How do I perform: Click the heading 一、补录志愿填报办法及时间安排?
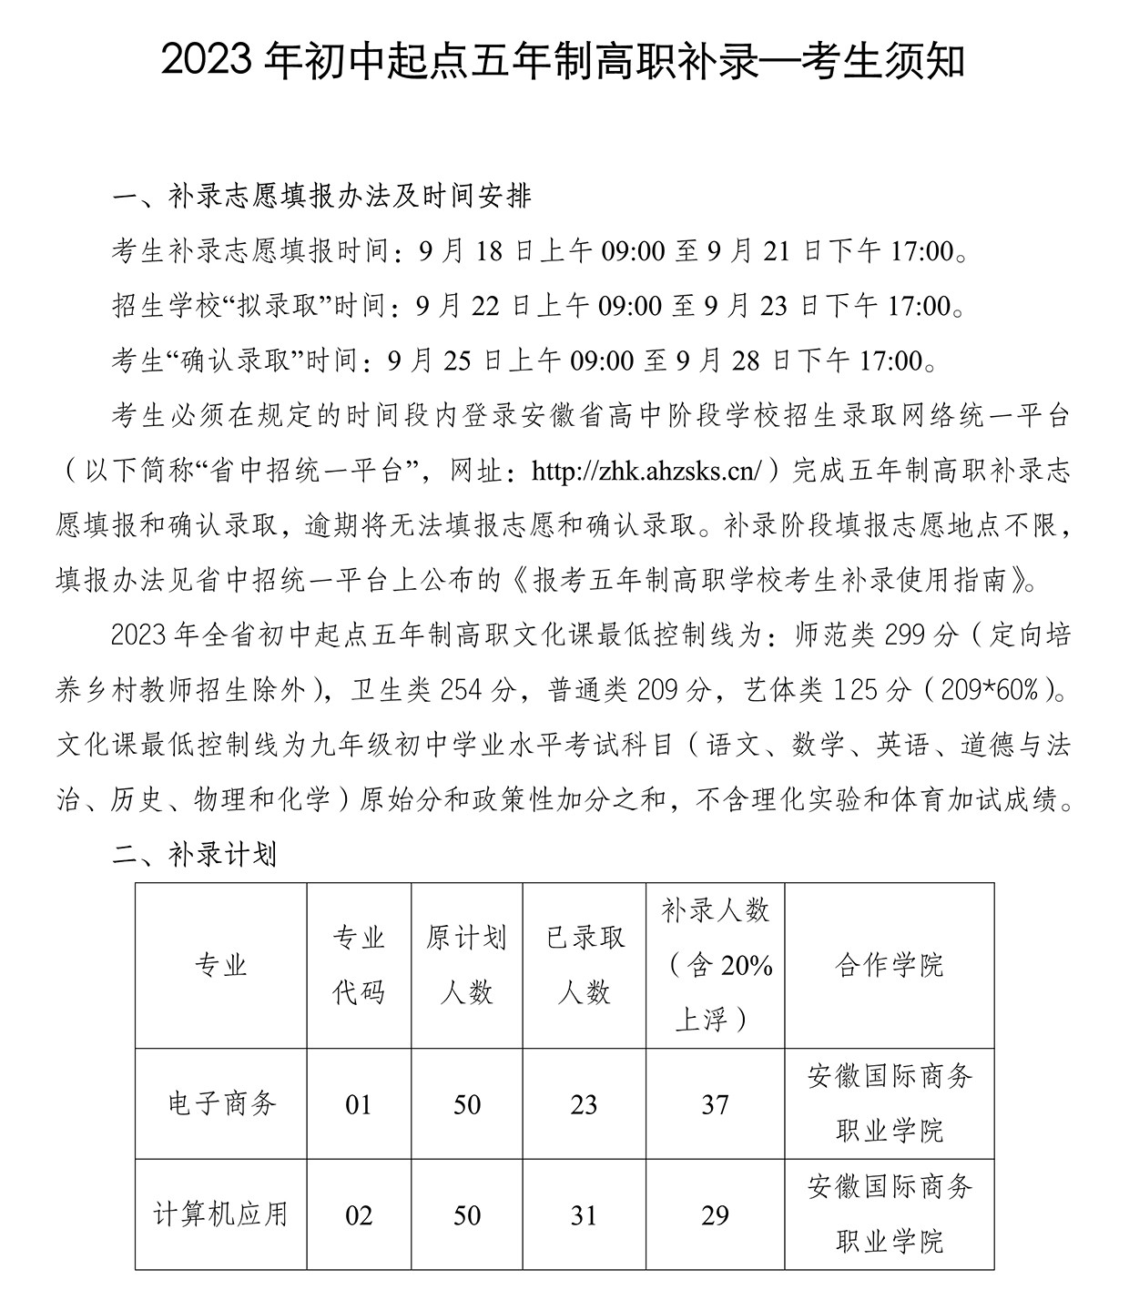point(320,196)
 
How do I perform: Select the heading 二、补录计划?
point(194,855)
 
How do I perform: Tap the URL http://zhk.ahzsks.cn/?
point(646,470)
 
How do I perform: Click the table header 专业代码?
point(359,964)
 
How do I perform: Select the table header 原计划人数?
point(466,964)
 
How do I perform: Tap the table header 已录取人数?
point(584,964)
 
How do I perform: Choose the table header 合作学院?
point(889,965)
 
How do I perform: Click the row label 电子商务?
point(221,1104)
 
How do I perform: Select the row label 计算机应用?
point(221,1214)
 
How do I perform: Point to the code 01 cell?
point(359,1105)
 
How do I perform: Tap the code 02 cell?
point(359,1215)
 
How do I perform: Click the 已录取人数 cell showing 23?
point(584,1105)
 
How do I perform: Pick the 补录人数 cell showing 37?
point(715,1105)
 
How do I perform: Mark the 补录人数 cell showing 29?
point(715,1215)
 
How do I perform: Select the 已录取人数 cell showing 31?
point(584,1215)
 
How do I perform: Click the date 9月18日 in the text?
point(476,251)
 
